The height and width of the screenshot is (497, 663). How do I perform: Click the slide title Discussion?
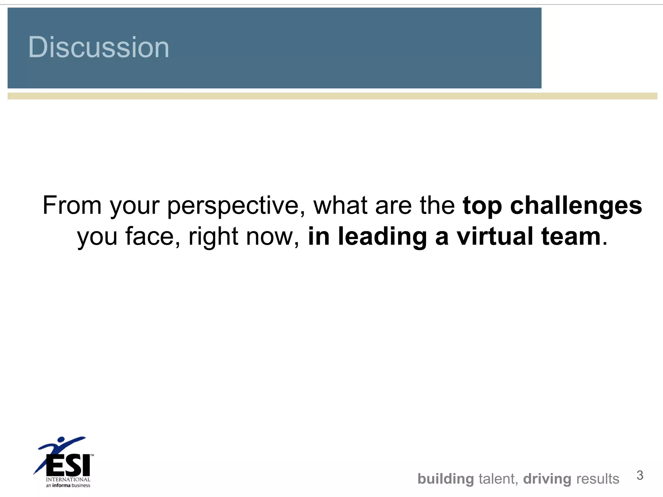tap(99, 47)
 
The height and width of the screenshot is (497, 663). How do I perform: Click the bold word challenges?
tap(576, 206)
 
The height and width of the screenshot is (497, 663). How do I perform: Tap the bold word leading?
tap(382, 237)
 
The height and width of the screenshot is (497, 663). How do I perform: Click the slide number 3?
tap(640, 475)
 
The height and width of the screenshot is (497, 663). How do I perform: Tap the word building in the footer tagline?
tap(446, 479)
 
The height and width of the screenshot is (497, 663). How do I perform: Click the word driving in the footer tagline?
tap(547, 479)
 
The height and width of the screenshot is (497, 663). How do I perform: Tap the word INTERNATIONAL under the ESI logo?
tap(68, 480)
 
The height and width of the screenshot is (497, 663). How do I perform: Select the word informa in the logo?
tap(61, 485)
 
